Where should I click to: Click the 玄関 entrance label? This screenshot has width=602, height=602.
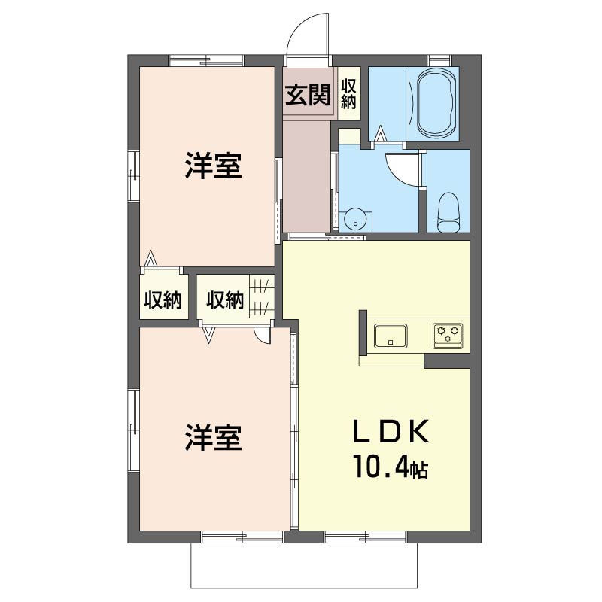tap(308, 95)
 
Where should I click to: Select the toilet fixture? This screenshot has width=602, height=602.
tap(448, 212)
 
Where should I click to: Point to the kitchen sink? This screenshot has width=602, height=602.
tap(391, 336)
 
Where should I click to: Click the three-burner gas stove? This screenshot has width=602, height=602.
tap(448, 336)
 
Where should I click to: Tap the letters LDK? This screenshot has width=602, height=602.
tap(391, 432)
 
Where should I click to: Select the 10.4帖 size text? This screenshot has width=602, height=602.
tap(391, 466)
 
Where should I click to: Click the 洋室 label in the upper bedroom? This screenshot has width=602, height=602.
tap(213, 166)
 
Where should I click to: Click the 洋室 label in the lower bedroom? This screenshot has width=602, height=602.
tap(213, 438)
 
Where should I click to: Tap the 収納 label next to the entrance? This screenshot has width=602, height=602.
tap(348, 94)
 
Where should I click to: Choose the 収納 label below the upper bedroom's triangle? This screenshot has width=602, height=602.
tap(163, 299)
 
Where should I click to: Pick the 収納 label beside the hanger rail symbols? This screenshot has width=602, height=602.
tap(225, 299)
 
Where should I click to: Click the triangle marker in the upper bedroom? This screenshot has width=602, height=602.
tap(150, 258)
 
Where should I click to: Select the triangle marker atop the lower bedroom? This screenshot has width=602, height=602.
tap(208, 334)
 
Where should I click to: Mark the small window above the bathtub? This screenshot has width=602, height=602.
tap(439, 61)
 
